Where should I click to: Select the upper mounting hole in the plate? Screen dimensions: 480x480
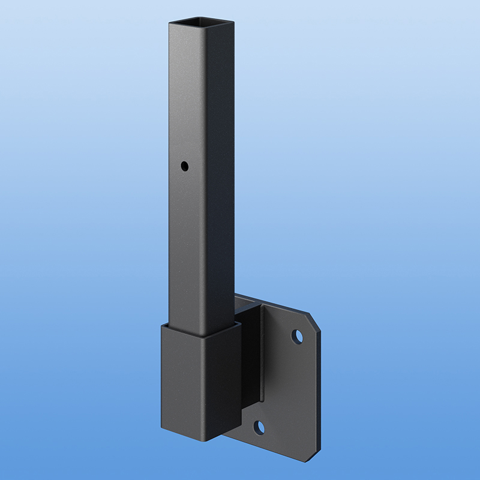[x=297, y=336]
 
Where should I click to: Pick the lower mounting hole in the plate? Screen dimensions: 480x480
[x=259, y=427]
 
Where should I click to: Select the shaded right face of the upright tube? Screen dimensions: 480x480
[x=219, y=180]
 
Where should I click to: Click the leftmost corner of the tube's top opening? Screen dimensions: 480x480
[x=170, y=22]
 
